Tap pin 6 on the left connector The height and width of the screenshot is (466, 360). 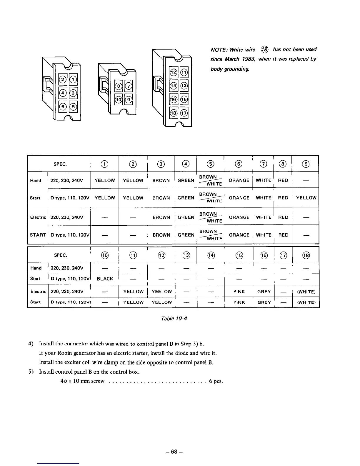pyautogui.click(x=63, y=106)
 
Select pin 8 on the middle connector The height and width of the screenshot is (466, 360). pyautogui.click(x=119, y=86)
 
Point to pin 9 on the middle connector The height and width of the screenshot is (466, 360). pyautogui.click(x=129, y=99)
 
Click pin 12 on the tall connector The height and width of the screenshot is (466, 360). pyautogui.click(x=174, y=72)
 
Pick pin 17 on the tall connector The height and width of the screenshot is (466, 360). pyautogui.click(x=184, y=113)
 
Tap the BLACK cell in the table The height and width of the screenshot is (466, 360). pyautogui.click(x=105, y=279)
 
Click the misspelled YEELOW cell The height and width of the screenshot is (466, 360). pyautogui.click(x=161, y=292)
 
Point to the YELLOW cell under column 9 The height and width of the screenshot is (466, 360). pyautogui.click(x=306, y=198)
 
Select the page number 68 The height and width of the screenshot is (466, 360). pyautogui.click(x=174, y=452)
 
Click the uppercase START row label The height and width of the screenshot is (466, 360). pyautogui.click(x=38, y=235)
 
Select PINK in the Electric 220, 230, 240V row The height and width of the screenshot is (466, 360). pyautogui.click(x=239, y=292)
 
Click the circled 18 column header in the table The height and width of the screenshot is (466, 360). pyautogui.click(x=306, y=255)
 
